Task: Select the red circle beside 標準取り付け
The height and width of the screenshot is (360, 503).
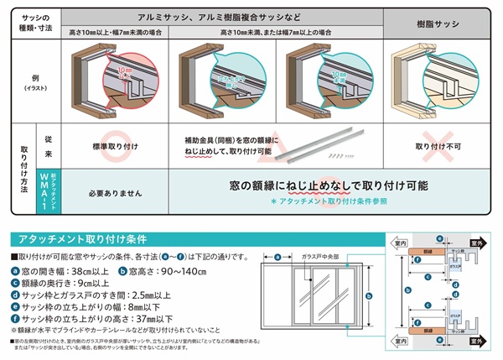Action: [115, 144]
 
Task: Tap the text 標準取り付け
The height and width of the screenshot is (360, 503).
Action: [115, 144]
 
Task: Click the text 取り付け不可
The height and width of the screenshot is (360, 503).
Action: [442, 144]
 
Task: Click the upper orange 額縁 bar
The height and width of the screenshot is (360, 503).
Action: [428, 251]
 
